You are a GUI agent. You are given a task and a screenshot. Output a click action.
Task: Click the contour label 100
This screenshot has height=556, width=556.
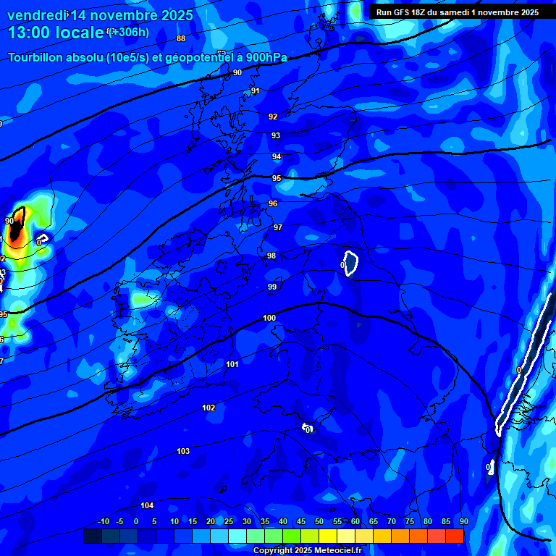click(269, 318)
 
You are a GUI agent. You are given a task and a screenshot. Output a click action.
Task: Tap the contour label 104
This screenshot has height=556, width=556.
click(147, 505)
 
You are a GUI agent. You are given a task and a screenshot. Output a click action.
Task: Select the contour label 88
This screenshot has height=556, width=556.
click(181, 38)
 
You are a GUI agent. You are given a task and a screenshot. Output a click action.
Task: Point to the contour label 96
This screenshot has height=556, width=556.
click(273, 203)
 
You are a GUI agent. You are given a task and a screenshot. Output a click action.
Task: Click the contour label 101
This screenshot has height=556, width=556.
click(232, 364)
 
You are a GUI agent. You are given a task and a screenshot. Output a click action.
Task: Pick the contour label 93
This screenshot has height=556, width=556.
click(276, 135)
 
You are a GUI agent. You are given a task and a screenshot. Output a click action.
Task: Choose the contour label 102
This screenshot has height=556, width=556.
click(208, 408)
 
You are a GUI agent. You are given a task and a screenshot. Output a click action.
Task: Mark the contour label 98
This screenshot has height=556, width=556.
click(271, 256)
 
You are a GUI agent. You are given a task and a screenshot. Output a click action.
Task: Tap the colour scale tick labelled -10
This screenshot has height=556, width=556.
click(104, 522)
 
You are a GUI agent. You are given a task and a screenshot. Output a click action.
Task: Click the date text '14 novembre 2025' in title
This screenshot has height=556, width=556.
click(131, 15)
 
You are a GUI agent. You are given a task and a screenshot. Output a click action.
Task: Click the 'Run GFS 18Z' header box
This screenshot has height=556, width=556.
click(458, 12)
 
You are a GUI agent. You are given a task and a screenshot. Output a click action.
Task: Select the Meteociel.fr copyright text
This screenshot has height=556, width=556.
click(307, 550)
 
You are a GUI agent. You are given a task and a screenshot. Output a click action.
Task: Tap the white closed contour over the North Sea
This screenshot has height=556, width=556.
click(351, 264)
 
